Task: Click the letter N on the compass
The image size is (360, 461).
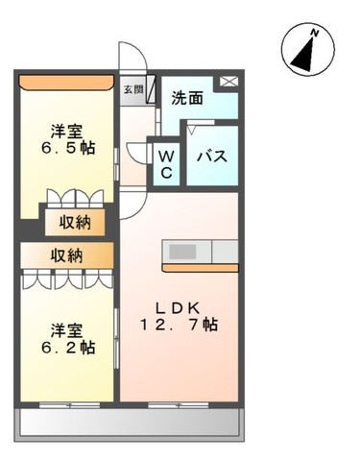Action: (315, 32)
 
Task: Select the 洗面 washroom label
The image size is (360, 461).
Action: (187, 98)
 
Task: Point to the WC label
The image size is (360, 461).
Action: (166, 164)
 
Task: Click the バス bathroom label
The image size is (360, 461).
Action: (212, 157)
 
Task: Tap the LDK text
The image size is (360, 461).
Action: (178, 308)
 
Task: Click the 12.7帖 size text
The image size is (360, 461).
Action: (179, 325)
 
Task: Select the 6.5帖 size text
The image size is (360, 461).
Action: (68, 148)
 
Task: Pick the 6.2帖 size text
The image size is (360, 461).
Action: (68, 347)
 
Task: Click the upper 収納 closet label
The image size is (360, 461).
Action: (75, 223)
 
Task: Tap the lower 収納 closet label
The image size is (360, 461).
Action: (67, 255)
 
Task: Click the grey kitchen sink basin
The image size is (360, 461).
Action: (182, 252)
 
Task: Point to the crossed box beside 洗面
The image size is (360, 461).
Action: (228, 82)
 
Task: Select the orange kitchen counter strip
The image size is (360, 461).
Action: (201, 268)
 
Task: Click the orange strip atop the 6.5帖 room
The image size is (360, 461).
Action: (66, 82)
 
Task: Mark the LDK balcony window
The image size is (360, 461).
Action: (179, 405)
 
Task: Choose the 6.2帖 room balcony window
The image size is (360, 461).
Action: (69, 405)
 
